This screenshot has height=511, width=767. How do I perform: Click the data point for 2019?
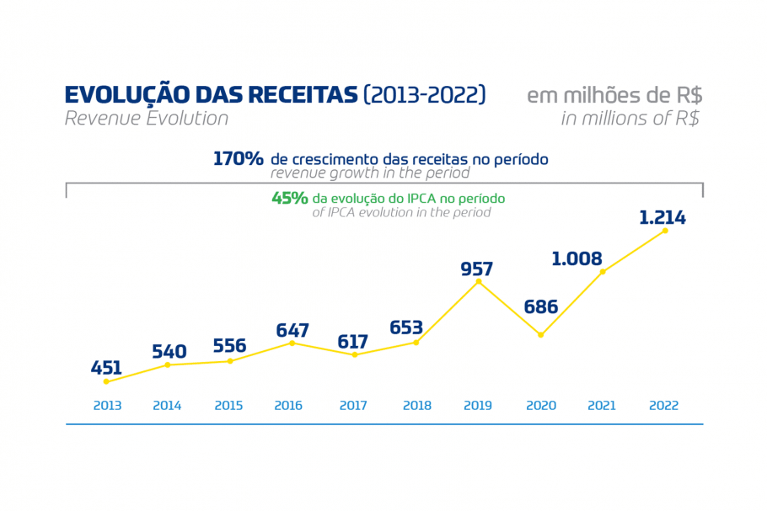479,281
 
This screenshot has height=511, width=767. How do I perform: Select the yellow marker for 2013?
106,381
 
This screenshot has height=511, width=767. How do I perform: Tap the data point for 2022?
665,230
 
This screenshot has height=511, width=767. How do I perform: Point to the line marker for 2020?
541,335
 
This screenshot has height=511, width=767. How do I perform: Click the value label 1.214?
662,218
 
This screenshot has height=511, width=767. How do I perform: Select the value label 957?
477,269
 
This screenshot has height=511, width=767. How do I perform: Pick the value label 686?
541,307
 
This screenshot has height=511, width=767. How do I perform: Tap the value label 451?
107,368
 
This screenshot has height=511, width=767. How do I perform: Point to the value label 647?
292,330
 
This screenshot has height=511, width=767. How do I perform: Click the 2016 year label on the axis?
288,406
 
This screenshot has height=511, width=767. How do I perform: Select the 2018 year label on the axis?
417,406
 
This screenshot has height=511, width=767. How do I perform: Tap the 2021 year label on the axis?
602,406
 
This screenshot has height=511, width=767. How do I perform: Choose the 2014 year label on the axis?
167,406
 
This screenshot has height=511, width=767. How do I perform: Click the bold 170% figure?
239,158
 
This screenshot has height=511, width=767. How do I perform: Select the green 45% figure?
289,199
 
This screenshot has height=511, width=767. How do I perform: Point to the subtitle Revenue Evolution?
147,119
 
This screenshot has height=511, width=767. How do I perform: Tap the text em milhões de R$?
614,94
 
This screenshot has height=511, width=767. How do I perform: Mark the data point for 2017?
355,354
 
